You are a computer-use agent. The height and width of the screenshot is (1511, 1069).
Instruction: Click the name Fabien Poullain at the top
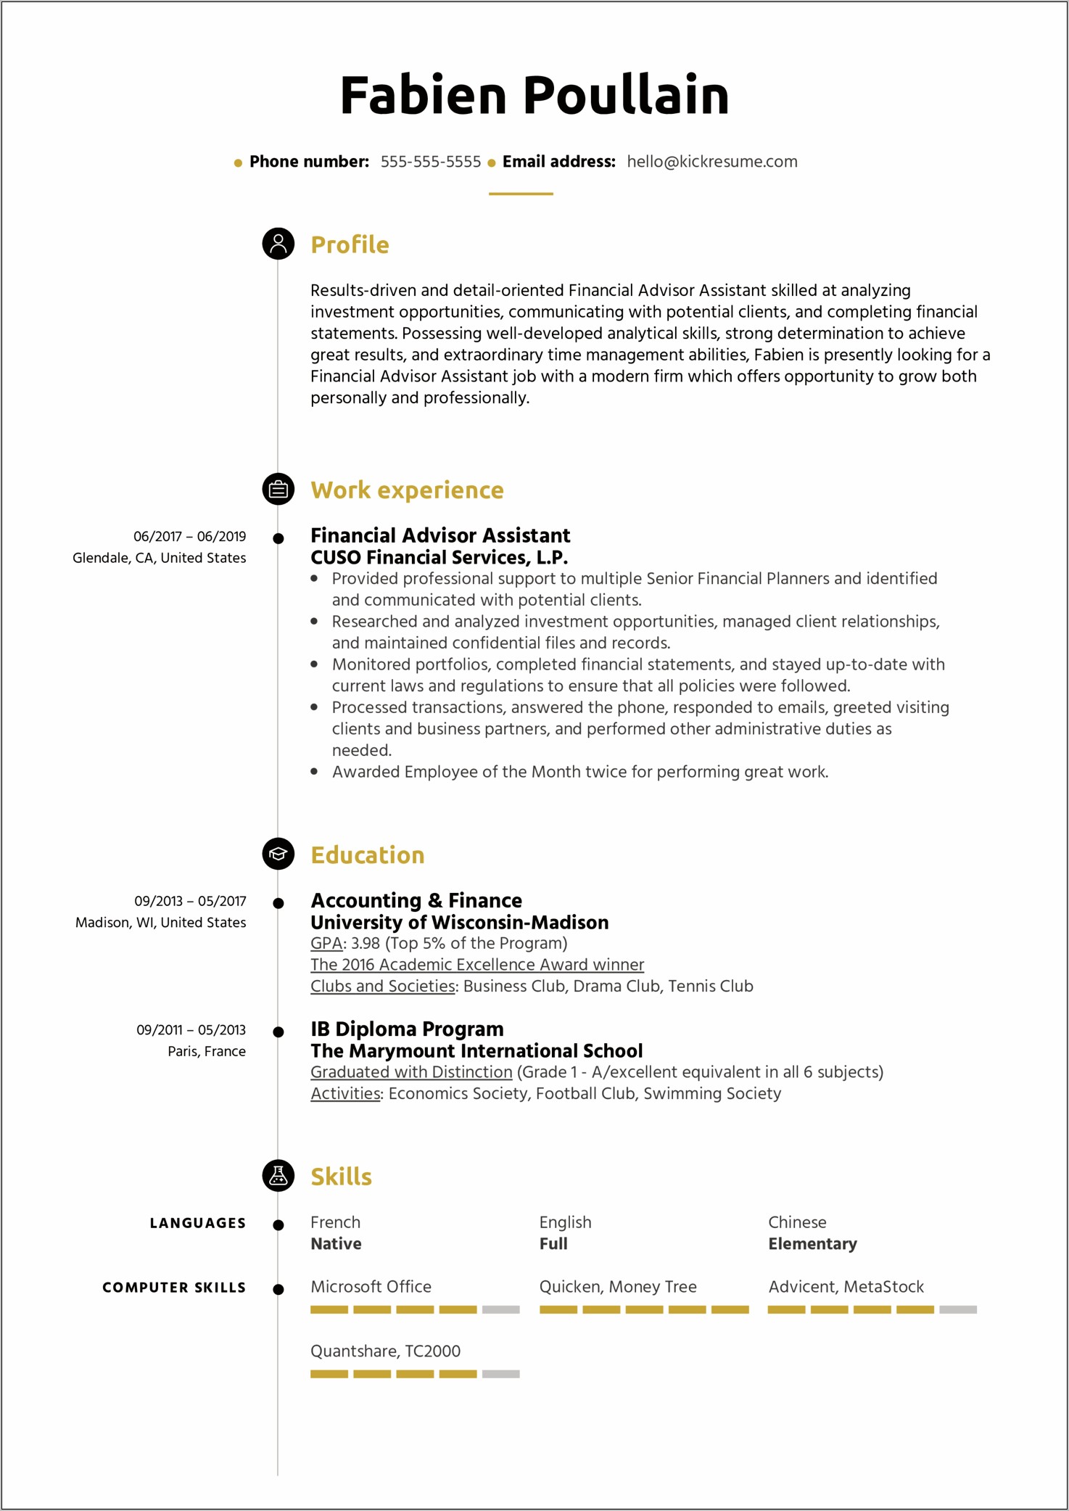534,95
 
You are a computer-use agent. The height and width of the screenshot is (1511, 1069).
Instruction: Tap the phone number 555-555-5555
430,162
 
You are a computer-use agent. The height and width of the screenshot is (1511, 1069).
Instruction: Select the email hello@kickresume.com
711,162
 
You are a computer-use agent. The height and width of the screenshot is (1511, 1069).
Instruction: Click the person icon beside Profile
278,244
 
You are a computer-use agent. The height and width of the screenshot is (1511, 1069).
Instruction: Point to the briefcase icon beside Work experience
278,490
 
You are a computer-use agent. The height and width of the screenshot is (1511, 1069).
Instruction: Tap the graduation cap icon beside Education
278,854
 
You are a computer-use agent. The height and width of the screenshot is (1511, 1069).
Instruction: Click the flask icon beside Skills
278,1175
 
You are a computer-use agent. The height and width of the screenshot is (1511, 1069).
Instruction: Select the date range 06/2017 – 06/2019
189,537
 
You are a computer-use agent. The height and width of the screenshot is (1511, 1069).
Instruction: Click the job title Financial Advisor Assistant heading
440,535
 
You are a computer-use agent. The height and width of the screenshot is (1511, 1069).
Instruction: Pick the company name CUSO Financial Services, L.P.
439,557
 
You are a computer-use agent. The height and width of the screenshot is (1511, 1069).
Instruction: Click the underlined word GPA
326,943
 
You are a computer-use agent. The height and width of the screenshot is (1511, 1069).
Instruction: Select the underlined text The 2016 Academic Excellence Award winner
476,965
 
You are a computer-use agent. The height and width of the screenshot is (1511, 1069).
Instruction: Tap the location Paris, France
207,1051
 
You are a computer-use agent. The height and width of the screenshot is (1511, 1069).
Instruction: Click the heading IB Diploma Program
407,1029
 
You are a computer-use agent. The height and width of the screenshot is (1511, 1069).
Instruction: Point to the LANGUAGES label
197,1223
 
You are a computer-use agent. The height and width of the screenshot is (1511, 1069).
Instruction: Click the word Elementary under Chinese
812,1244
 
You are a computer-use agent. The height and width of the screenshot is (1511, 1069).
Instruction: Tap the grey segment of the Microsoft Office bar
500,1309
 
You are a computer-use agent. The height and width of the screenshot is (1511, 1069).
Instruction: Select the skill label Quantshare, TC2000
385,1351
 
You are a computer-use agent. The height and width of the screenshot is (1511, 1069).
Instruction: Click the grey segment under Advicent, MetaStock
957,1309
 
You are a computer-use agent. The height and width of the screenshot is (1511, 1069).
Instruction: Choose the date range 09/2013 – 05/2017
190,901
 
